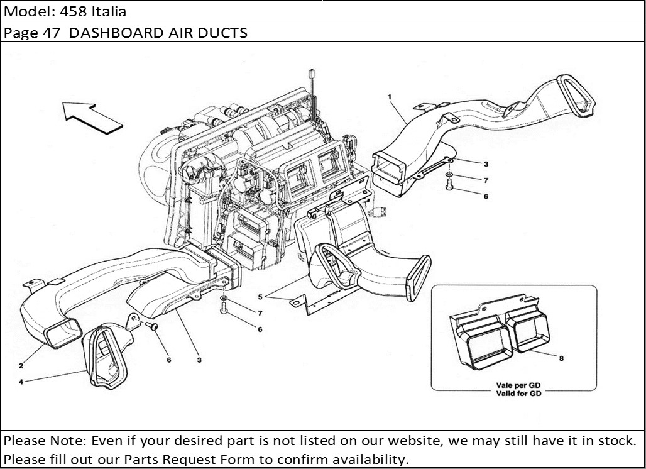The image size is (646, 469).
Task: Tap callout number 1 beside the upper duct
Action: coord(390,97)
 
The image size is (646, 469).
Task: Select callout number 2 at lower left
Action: coord(21,365)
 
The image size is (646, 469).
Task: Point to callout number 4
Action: coord(21,381)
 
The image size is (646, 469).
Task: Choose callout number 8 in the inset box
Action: coord(561,358)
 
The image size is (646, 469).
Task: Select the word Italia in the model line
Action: coord(109,11)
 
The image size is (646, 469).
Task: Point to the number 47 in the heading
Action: coord(53,33)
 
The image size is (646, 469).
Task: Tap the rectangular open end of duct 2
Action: coord(65,331)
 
